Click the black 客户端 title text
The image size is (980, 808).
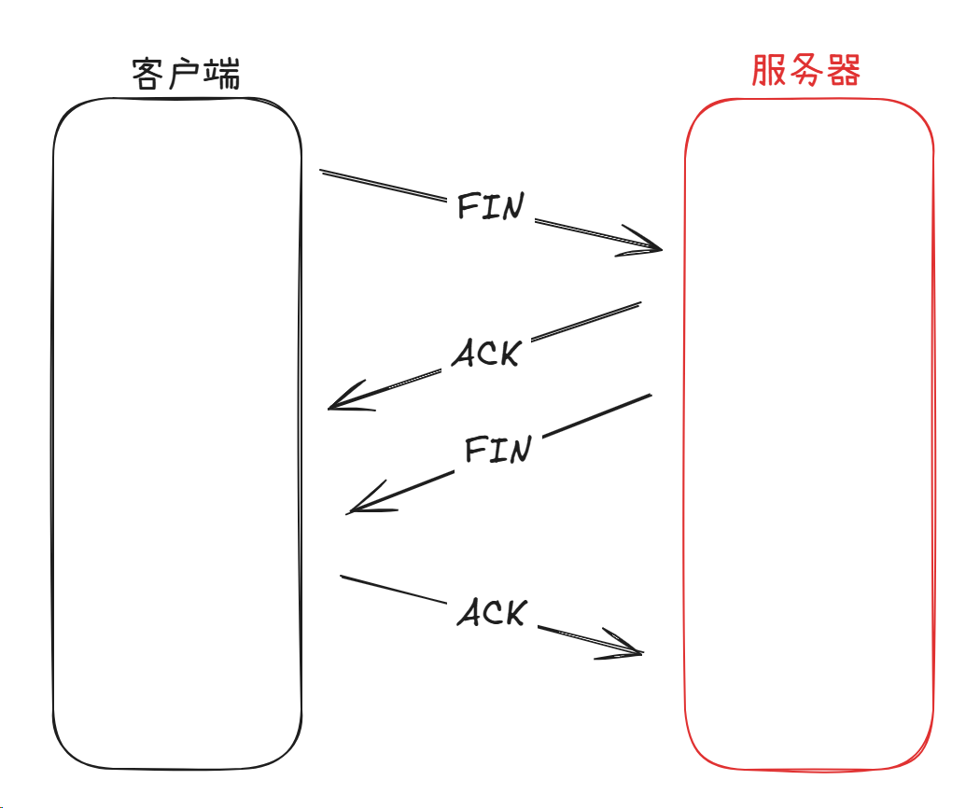pos(186,72)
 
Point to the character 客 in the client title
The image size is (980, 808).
pos(150,72)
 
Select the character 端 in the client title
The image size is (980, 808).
pos(222,72)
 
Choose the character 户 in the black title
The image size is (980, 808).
pos(186,72)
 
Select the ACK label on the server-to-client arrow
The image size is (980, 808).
pos(484,352)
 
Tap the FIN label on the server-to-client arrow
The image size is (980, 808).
pos(497,450)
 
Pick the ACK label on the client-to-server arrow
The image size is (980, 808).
pos(492,613)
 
